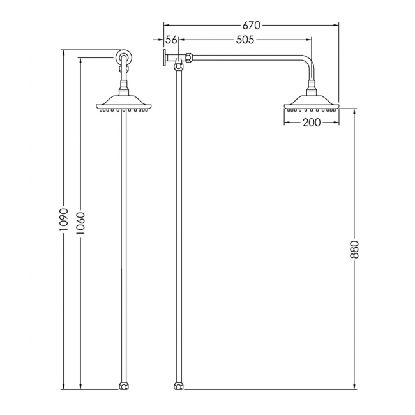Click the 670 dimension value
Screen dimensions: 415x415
tap(252, 26)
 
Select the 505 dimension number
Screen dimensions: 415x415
tap(245, 40)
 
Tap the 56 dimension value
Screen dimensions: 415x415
tap(171, 40)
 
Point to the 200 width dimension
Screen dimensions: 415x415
tap(312, 123)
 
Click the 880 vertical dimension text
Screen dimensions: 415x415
tap(354, 249)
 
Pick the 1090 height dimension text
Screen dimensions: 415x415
tap(64, 219)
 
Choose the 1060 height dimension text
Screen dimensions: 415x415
tap(80, 223)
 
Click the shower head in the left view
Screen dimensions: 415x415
tap(124, 104)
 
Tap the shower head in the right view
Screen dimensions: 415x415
tap(312, 104)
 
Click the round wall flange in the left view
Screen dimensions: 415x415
tap(124, 57)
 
